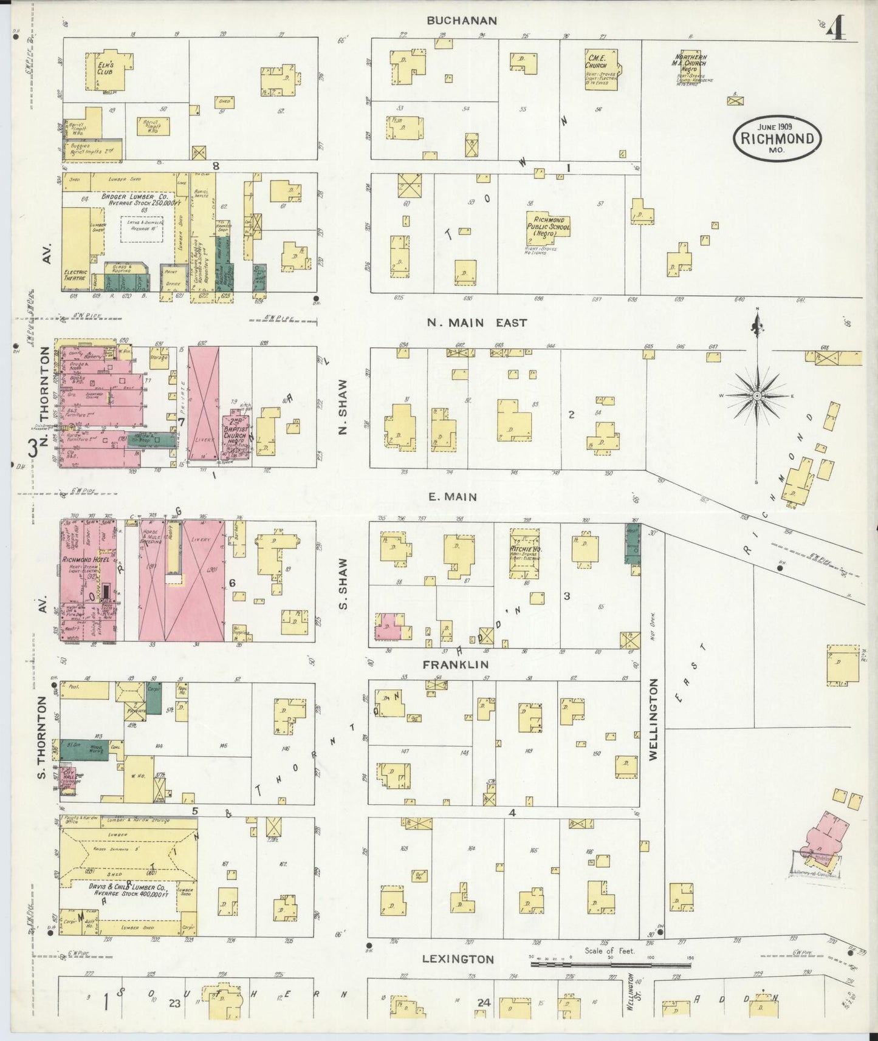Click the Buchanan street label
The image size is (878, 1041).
461,20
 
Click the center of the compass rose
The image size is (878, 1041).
757,395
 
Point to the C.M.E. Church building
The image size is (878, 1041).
600,69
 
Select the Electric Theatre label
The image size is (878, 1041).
75,275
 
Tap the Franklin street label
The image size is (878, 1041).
455,664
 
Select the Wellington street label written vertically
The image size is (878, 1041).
653,720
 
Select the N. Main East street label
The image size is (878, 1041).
476,323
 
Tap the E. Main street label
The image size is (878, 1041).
452,497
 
